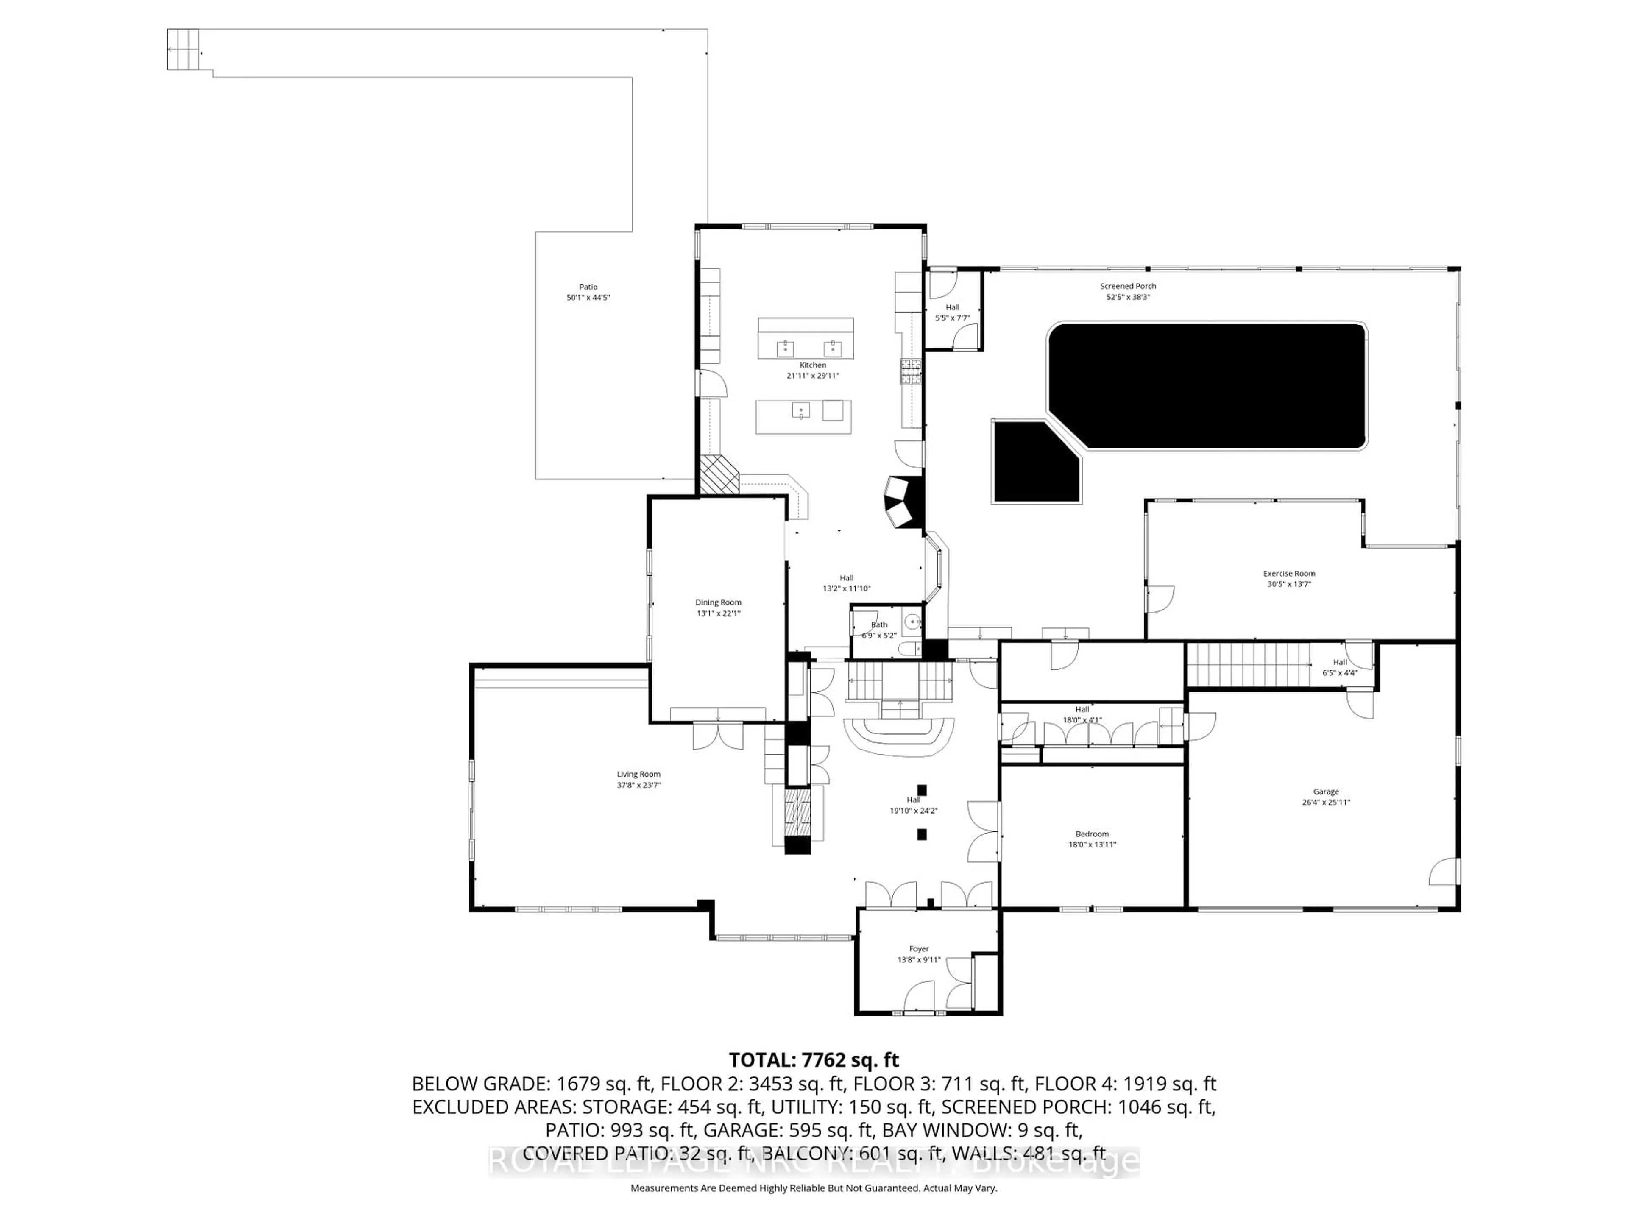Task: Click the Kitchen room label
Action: pyautogui.click(x=813, y=365)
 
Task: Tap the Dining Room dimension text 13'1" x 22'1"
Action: pyautogui.click(x=718, y=613)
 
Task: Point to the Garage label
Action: pyautogui.click(x=1326, y=792)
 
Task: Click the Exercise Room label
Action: pyautogui.click(x=1289, y=573)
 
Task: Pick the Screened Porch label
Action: pyautogui.click(x=1128, y=286)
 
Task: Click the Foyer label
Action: pyautogui.click(x=919, y=949)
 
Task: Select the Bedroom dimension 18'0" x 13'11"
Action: pyautogui.click(x=1092, y=845)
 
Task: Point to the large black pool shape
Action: pyautogui.click(x=1207, y=386)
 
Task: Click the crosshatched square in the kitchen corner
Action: pyautogui.click(x=718, y=475)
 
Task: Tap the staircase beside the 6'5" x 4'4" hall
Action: pyautogui.click(x=1244, y=664)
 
